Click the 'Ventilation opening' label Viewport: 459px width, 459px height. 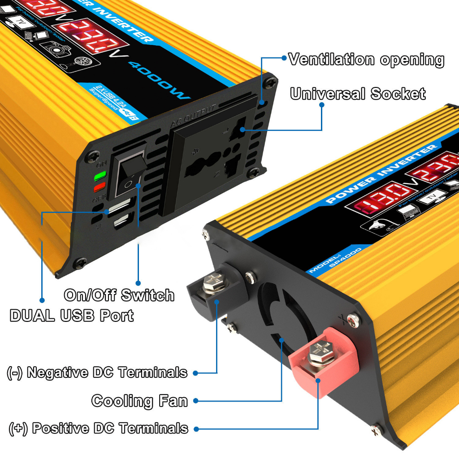click(x=366, y=60)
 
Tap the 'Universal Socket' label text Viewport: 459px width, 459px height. click(x=358, y=94)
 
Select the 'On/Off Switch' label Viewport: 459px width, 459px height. click(x=119, y=295)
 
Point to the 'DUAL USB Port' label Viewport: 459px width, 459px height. click(x=72, y=315)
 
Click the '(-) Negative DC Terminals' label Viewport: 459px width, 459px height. click(x=97, y=372)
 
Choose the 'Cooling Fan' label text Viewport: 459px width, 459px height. click(x=139, y=400)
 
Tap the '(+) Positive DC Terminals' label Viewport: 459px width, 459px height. click(x=98, y=428)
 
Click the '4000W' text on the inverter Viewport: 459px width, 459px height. click(x=159, y=81)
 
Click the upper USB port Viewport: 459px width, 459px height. click(x=117, y=208)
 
